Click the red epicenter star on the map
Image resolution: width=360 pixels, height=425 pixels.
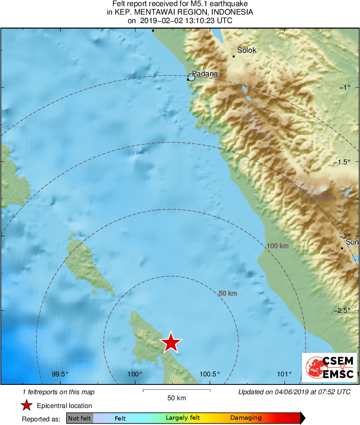(x=171, y=343)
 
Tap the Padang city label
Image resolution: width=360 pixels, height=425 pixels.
(x=205, y=74)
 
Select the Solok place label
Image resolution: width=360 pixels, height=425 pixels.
(x=247, y=50)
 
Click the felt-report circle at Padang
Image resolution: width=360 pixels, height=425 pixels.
(x=191, y=77)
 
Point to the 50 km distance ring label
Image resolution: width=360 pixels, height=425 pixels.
(x=228, y=293)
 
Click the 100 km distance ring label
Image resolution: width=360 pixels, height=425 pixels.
(x=278, y=246)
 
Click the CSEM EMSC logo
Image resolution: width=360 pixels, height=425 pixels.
(x=330, y=367)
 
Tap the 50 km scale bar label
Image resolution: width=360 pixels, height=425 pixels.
(x=177, y=398)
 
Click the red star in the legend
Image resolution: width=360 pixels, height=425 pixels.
(x=27, y=406)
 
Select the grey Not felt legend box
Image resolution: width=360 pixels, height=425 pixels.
(x=79, y=418)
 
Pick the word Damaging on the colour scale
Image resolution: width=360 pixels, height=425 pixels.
(x=246, y=418)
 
